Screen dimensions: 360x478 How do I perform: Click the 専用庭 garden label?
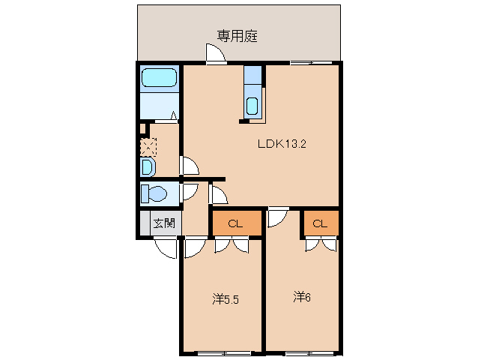click(x=238, y=35)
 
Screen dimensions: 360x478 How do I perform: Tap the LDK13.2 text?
click(x=282, y=144)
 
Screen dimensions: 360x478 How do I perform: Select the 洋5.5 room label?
click(x=225, y=299)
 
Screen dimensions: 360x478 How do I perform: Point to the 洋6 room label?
click(x=301, y=297)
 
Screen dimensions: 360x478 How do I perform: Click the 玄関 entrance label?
click(x=164, y=223)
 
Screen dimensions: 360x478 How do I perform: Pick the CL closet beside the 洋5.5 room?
click(x=235, y=223)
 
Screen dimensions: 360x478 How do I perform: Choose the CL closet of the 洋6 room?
click(x=320, y=223)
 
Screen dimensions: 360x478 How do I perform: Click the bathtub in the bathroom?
click(x=159, y=78)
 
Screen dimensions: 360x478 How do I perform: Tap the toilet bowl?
click(x=154, y=193)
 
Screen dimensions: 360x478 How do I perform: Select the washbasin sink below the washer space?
click(x=148, y=166)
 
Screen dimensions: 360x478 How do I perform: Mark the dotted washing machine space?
click(x=148, y=145)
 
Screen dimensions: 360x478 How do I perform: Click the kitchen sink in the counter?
click(x=252, y=104)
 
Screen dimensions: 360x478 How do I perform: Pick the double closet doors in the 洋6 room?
click(x=321, y=244)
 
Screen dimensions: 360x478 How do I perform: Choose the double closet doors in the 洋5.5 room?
click(x=232, y=244)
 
